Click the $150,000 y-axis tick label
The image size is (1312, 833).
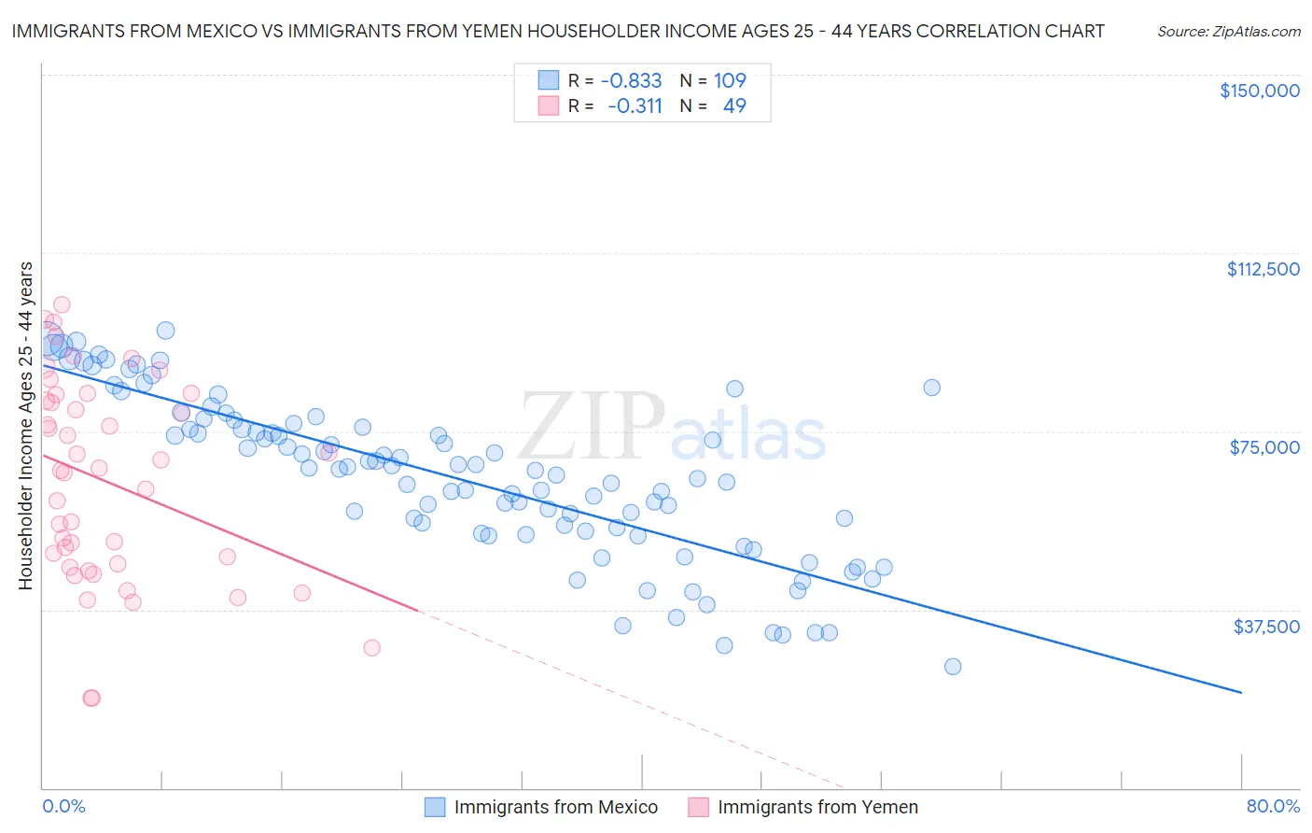coord(1259,91)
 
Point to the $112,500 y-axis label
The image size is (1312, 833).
coord(1263,269)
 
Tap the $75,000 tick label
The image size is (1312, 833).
coord(1264,447)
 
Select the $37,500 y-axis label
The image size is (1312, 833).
coord(1266,627)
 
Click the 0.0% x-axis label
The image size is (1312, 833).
coord(63,806)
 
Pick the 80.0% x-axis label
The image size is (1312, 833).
coord(1273,806)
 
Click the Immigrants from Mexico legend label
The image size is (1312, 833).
coord(555,808)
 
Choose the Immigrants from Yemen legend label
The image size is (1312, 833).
coord(817,808)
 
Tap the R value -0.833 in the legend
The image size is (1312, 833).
coord(631,81)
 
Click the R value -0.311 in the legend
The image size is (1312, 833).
coord(635,106)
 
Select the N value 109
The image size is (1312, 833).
coord(730,81)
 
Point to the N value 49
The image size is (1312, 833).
coord(734,106)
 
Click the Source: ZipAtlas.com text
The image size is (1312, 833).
coord(1228,32)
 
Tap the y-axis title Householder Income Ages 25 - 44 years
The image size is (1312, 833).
coord(26,426)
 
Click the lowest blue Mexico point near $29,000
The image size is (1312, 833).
coord(953,667)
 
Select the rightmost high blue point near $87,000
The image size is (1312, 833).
coord(931,388)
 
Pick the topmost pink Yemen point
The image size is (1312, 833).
coord(62,304)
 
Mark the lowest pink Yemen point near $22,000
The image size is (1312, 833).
coord(91,698)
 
